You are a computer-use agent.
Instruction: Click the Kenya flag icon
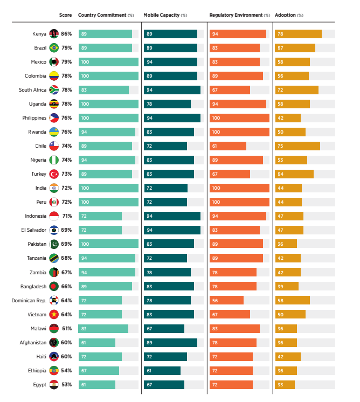(54, 34)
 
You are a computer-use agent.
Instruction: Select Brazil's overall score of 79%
(67, 48)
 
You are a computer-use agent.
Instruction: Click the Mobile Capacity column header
(165, 15)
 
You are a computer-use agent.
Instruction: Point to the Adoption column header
(289, 15)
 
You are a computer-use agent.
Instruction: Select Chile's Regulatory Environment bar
(227, 146)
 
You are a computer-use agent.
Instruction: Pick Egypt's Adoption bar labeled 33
(285, 384)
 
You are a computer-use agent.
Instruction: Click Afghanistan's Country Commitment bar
(96, 342)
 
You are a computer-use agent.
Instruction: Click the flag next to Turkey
(54, 174)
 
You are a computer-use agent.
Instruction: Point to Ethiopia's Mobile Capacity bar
(162, 370)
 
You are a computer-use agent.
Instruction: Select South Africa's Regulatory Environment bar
(230, 90)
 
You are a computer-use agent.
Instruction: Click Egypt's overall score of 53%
(67, 384)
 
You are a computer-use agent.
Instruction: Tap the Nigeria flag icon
(54, 160)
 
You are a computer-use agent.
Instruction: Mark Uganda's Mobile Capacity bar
(167, 104)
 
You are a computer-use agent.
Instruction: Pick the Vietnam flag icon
(54, 314)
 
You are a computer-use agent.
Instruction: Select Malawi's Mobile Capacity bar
(164, 328)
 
